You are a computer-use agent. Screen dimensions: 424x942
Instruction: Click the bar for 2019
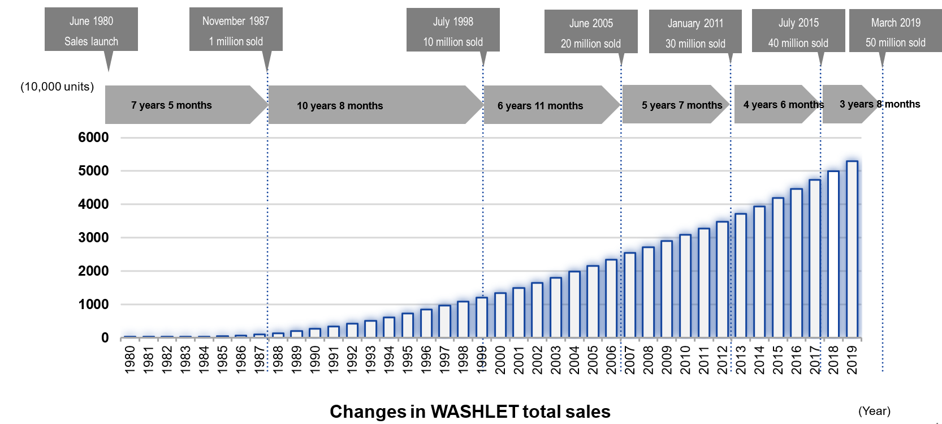(852, 250)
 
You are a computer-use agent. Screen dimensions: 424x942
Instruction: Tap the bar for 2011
(703, 283)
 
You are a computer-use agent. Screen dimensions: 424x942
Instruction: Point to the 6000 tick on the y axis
(93, 138)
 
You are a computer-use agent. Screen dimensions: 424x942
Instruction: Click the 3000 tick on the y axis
(93, 238)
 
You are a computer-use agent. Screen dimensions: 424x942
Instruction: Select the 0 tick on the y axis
(105, 338)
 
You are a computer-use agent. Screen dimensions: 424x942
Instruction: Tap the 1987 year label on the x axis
(260, 360)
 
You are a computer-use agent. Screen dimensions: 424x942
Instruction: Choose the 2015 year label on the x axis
(777, 360)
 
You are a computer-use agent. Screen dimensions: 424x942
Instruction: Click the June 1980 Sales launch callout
(91, 31)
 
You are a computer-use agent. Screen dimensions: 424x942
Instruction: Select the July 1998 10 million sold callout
(453, 31)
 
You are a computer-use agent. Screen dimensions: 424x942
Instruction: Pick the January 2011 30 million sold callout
(695, 33)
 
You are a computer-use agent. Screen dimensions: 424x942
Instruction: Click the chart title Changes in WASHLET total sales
(470, 412)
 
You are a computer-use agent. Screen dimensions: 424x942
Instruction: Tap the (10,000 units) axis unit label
(57, 87)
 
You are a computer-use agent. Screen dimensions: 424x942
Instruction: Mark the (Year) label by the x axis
(874, 411)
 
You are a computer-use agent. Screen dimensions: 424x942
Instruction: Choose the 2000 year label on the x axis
(500, 360)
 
